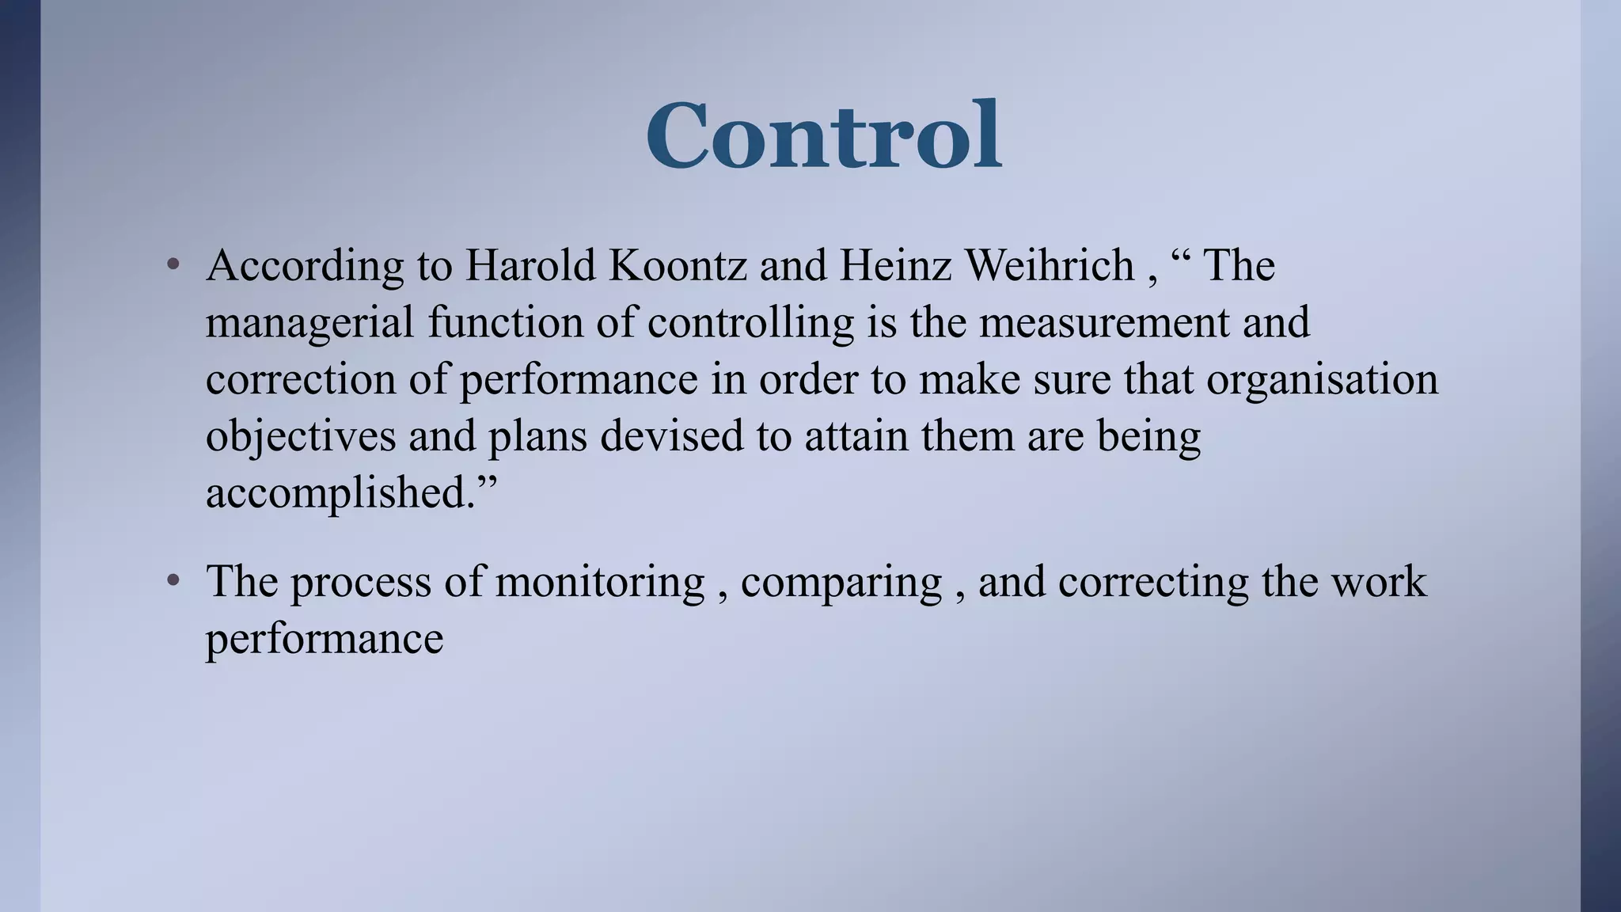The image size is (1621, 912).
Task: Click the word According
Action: point(305,266)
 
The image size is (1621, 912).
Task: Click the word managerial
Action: point(309,323)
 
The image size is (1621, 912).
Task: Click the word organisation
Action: point(1322,380)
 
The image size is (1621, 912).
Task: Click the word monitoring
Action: point(599,583)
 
